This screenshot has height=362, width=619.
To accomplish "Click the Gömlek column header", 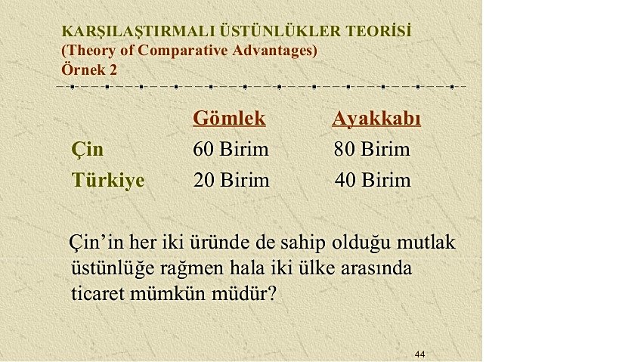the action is (229, 119).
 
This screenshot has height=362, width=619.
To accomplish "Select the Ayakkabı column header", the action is (376, 119).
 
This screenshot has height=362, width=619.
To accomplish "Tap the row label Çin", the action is (87, 150).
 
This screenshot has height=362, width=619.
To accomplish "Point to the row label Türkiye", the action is (108, 181).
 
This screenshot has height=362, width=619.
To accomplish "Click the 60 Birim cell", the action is (231, 149).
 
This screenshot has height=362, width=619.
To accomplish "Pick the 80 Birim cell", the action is (372, 149).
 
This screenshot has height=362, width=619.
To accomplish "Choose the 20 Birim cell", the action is (231, 181).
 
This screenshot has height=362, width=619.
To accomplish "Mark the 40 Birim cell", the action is (373, 181).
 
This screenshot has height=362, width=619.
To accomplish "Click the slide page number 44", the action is (420, 354).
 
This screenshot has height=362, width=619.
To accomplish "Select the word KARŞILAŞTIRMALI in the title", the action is (138, 32).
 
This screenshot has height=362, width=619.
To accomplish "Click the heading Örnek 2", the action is (89, 70).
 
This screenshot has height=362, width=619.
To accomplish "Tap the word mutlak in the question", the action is (426, 242).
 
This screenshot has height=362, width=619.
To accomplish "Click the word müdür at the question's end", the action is (243, 294).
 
